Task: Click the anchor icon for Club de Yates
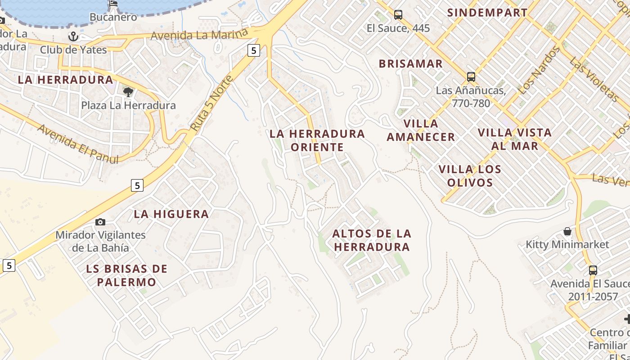73,36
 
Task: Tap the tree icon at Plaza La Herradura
128,92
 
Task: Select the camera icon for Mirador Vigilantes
100,222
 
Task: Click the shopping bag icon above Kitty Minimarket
567,231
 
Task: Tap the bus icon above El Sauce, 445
398,15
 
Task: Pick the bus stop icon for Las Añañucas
471,77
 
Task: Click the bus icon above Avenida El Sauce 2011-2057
593,270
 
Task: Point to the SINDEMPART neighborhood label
487,13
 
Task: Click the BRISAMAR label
410,64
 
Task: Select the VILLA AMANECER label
421,130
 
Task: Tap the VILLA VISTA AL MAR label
514,139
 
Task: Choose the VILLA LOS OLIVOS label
470,176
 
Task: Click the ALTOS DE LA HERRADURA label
372,240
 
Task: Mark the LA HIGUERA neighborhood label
171,214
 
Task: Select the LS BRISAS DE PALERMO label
126,275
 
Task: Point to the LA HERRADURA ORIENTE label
317,140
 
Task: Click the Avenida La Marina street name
199,35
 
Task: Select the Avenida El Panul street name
78,144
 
